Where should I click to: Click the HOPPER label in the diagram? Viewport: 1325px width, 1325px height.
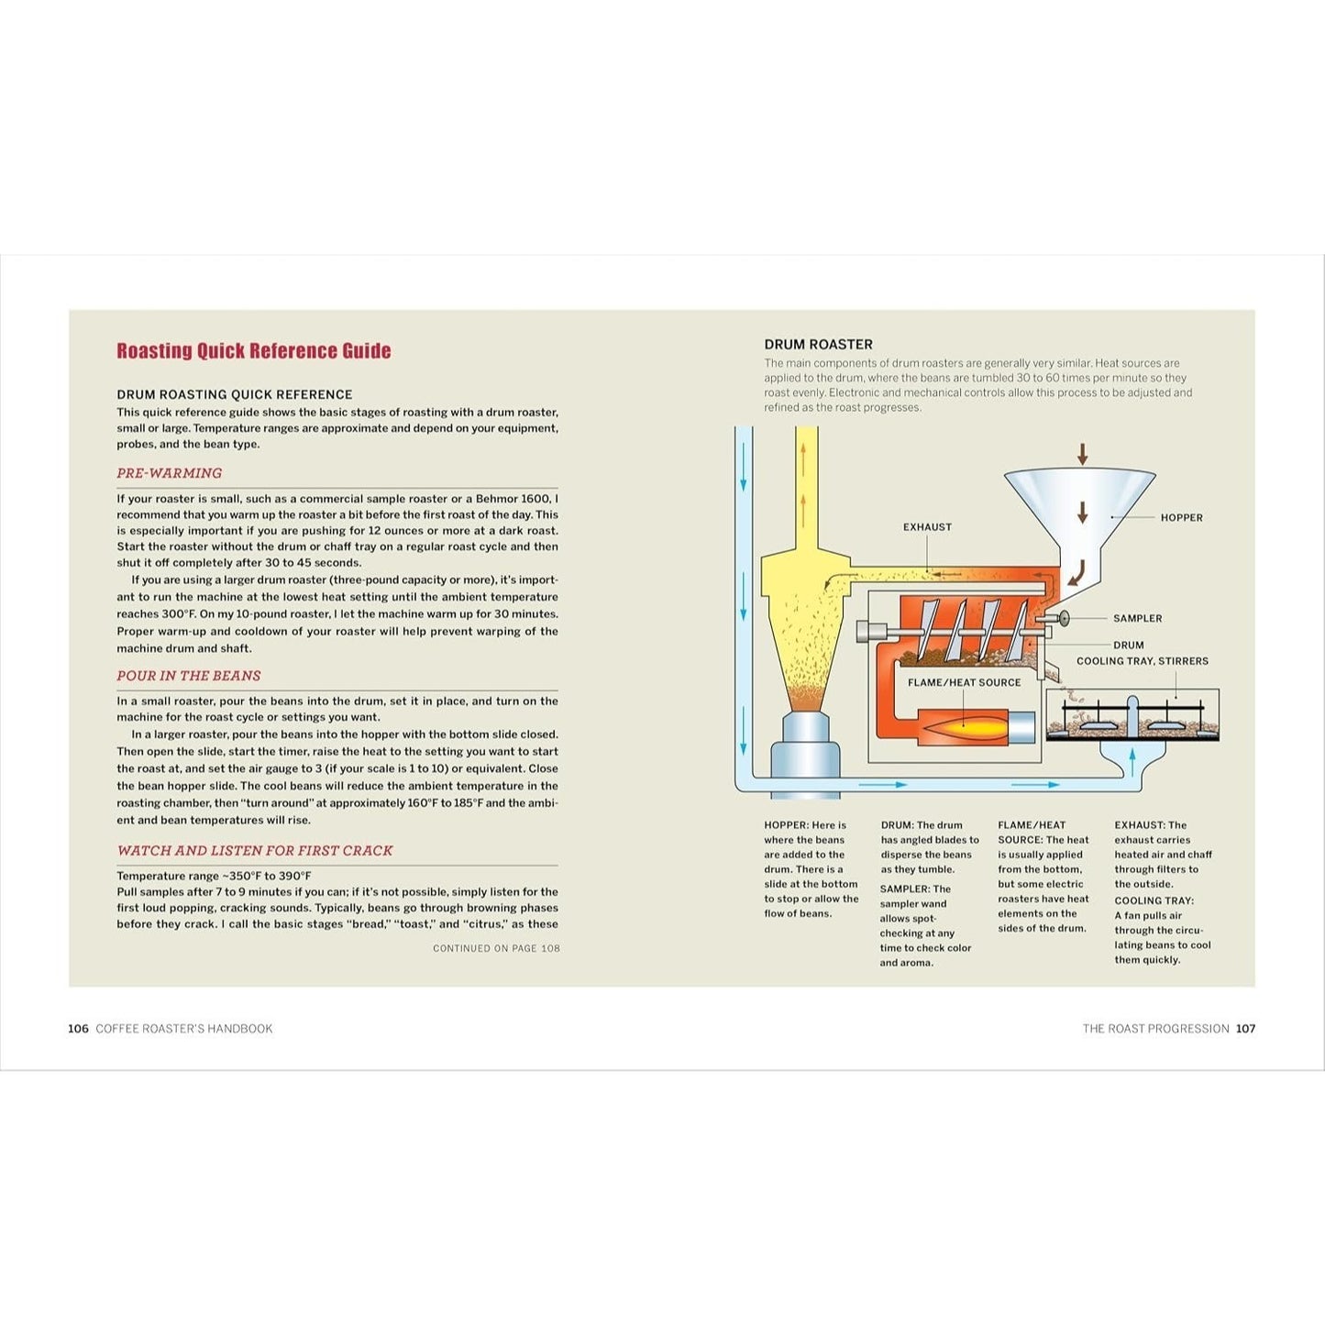pos(1181,518)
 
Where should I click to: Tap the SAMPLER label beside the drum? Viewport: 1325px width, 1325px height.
pos(1137,618)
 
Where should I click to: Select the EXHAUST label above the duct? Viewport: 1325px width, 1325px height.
pos(928,526)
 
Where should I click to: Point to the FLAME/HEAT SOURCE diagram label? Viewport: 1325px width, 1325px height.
pos(964,682)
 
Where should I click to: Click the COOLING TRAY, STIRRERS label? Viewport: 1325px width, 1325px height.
pos(1143,661)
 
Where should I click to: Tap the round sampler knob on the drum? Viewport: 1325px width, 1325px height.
pos(1065,618)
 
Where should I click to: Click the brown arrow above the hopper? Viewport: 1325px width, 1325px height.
pos(1082,454)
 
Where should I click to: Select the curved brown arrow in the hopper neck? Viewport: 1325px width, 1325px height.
pos(1077,573)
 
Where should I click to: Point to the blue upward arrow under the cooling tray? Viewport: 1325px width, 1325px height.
pos(1132,761)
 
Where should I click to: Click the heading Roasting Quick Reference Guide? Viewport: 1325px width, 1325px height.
pos(254,350)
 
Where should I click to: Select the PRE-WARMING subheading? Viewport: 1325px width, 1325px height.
pos(169,473)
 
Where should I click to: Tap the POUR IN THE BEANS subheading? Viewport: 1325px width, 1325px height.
pos(188,676)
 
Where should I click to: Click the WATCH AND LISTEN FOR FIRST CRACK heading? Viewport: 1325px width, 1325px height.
pos(254,851)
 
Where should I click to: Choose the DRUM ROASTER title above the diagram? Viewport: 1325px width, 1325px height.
pos(818,344)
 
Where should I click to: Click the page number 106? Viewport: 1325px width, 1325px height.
pos(78,1029)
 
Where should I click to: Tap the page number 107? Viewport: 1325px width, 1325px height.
pos(1245,1029)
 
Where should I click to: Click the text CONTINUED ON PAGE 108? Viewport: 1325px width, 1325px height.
pos(496,948)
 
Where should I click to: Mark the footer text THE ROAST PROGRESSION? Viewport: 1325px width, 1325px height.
pos(1156,1029)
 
